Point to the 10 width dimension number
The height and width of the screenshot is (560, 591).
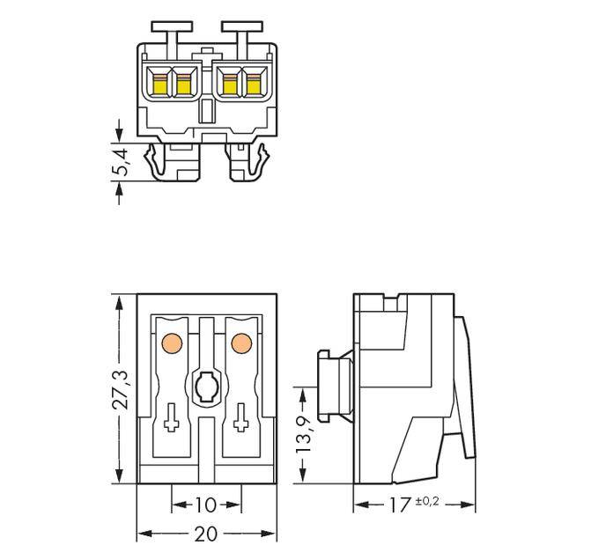[205, 505]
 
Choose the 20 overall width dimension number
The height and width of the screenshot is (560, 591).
[205, 534]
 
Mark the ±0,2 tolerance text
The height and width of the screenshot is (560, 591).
[425, 503]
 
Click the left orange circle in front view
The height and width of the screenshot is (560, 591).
[173, 342]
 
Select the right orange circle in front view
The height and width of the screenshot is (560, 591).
[239, 342]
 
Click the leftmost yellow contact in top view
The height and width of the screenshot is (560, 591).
[161, 85]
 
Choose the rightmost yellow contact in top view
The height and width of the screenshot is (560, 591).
[253, 85]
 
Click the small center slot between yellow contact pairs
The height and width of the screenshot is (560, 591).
[207, 110]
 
